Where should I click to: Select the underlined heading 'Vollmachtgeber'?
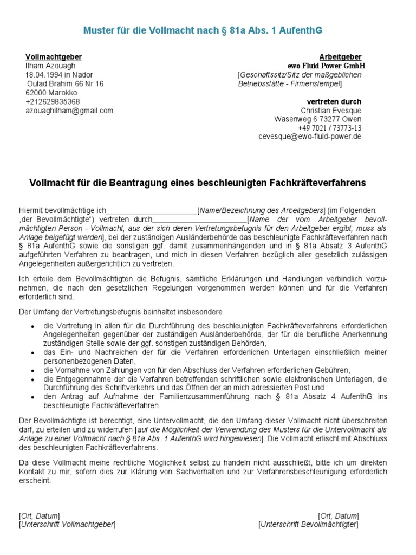click(54, 57)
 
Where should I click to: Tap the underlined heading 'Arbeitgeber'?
click(340, 57)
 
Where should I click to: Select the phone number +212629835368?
click(53, 101)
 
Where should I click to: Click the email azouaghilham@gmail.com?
click(69, 111)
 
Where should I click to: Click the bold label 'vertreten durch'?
click(334, 101)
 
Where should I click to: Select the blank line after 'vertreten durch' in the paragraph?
click(199, 220)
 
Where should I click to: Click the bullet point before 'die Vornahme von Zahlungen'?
click(34, 370)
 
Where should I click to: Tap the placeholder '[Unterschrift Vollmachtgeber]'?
click(67, 525)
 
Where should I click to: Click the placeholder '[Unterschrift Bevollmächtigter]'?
click(308, 525)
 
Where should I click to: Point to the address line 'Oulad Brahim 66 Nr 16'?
click(65, 84)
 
